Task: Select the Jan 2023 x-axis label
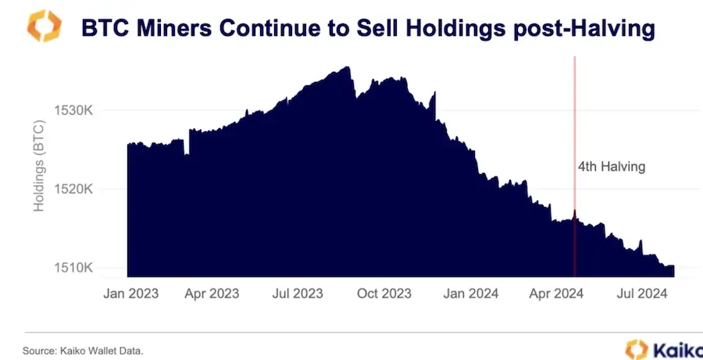131,294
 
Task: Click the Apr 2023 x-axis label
212,294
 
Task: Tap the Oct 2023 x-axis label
384,294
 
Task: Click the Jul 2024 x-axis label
641,294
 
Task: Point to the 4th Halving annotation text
611,166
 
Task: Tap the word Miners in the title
166,30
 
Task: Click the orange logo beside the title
43,27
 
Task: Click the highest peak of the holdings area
347,68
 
